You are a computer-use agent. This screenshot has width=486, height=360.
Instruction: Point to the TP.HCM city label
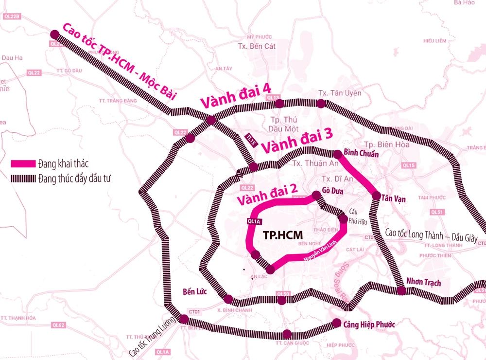[x=280, y=234]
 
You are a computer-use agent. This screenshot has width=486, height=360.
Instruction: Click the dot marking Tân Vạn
[x=376, y=196]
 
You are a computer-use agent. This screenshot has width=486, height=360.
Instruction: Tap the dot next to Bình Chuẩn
[x=337, y=154]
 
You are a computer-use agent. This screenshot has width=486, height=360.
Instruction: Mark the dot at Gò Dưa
[x=316, y=195]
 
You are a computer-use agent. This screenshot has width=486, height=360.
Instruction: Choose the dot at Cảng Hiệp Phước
[x=336, y=322]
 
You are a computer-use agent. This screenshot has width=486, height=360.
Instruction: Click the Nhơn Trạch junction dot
[x=401, y=291]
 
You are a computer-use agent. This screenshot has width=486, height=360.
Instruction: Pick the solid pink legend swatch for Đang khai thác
[x=23, y=164]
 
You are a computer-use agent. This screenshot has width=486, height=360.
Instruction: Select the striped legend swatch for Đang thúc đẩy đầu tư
[x=23, y=178]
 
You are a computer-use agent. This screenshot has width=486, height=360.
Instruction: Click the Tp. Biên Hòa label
[x=386, y=144]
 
